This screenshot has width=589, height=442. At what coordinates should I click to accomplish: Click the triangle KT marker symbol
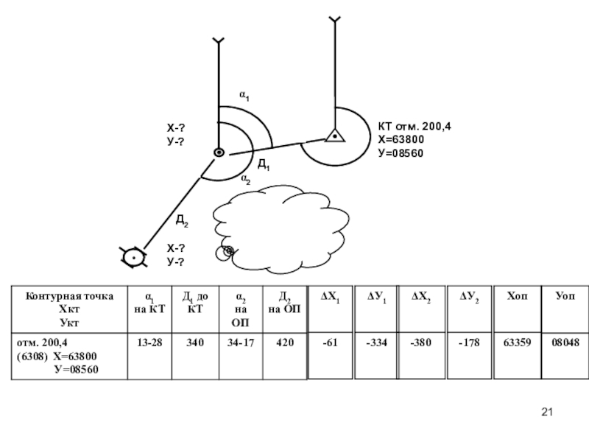334,136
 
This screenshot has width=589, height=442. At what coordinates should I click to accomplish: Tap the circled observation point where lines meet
219,152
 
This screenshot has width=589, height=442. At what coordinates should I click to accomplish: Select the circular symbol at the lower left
133,257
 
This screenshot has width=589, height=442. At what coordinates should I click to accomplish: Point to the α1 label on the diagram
245,95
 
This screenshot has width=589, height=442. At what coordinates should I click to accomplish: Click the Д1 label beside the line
263,165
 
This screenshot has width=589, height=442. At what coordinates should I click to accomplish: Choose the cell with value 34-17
239,343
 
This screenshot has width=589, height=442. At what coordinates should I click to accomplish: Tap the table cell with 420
284,343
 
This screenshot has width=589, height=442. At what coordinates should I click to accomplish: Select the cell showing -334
376,343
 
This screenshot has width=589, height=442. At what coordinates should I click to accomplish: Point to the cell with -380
423,343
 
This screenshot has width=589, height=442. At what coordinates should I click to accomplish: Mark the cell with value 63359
518,343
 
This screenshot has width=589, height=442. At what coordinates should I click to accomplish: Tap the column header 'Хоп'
518,295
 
